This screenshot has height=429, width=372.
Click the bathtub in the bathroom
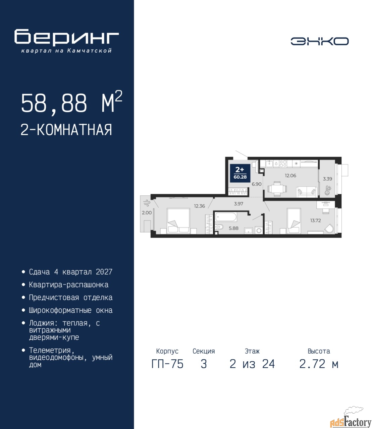(x=225, y=217)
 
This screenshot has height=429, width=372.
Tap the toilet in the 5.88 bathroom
(x=219, y=227)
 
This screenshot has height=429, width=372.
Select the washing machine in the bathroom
(x=259, y=230)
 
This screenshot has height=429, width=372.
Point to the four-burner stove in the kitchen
(x=283, y=164)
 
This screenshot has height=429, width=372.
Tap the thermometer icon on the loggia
(x=328, y=190)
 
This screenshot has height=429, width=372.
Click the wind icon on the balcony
(x=146, y=203)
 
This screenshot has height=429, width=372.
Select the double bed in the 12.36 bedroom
(x=178, y=221)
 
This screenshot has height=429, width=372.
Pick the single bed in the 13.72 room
(x=294, y=221)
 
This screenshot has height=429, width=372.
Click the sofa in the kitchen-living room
(x=307, y=192)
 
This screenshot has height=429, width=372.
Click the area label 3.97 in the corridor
(x=238, y=204)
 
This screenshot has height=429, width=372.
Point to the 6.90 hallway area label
(x=257, y=184)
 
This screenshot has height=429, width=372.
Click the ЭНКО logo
(x=319, y=41)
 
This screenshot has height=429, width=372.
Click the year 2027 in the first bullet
(x=104, y=272)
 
